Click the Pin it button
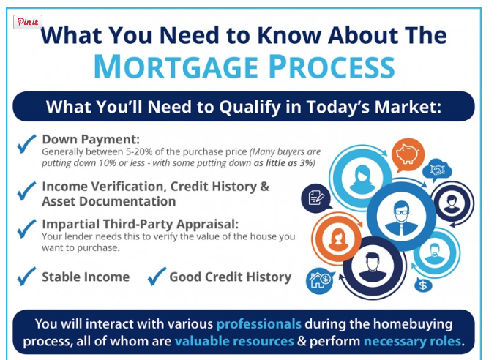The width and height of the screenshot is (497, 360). [28, 22]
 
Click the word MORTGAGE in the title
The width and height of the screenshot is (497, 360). [176, 67]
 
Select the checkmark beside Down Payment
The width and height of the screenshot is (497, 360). [26, 144]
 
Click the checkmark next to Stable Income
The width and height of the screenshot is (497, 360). [26, 276]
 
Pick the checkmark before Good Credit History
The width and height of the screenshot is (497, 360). [157, 276]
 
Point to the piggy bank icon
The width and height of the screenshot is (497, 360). [408, 154]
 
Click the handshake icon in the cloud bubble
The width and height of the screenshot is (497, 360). [437, 170]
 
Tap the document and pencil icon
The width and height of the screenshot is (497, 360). [315, 198]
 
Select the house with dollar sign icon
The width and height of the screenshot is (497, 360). [319, 280]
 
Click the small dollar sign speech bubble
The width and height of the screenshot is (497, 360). [423, 285]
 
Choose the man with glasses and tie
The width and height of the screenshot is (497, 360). [401, 217]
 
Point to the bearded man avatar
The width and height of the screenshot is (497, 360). [435, 253]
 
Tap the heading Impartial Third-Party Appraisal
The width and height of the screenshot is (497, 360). [140, 224]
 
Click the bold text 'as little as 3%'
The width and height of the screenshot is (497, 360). [284, 163]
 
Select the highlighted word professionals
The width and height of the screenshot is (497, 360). [258, 324]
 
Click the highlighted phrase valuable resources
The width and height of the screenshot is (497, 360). [234, 341]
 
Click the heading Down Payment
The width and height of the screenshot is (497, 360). [91, 140]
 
